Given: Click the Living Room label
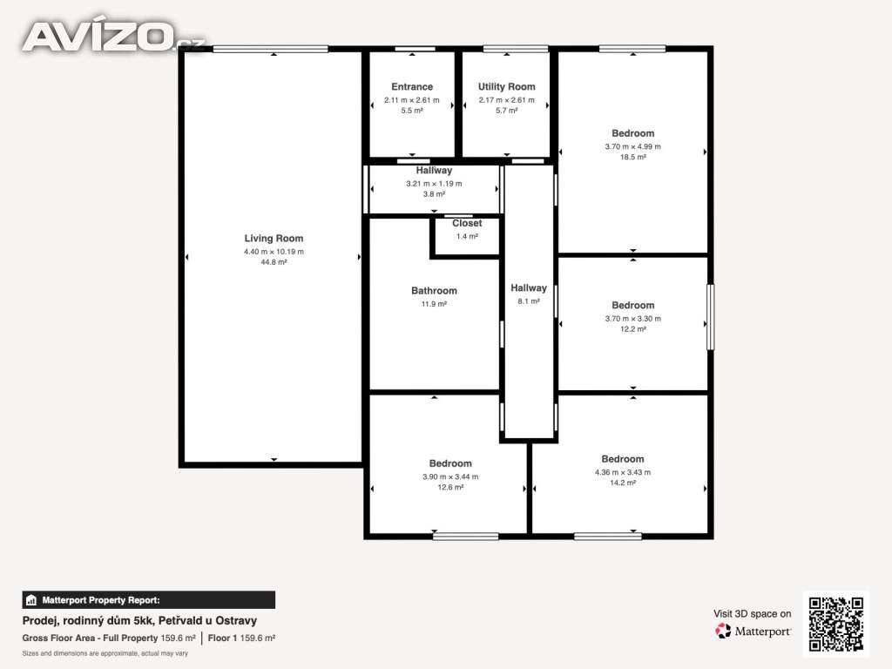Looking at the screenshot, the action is coord(274,239).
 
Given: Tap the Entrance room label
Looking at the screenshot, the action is coord(412,86).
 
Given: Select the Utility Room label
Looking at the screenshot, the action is coord(506,86).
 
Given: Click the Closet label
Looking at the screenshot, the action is coord(467,224).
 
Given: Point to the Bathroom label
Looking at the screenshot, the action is coord(434,291).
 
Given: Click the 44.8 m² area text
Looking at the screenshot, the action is coord(274,262).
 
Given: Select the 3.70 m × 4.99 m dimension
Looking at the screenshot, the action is coord(632,146).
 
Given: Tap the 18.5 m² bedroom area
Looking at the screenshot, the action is coord(632,157).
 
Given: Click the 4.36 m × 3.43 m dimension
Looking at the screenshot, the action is coord(622,472).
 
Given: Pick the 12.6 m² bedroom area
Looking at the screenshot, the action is coord(450,487).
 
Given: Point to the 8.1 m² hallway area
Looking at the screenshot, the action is coord(529,301).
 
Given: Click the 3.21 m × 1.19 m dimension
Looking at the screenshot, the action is coord(434,183).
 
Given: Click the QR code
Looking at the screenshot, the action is coord(836,624).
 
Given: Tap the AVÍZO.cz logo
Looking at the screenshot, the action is coord(112,36).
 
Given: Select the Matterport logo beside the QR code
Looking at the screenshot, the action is coord(753,631).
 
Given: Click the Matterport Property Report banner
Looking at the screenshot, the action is coord(148,600).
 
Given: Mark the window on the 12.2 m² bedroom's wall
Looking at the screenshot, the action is coord(711,317).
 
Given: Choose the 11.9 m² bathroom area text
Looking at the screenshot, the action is coord(434,304).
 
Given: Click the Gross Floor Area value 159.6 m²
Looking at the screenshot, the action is coord(178,639).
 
